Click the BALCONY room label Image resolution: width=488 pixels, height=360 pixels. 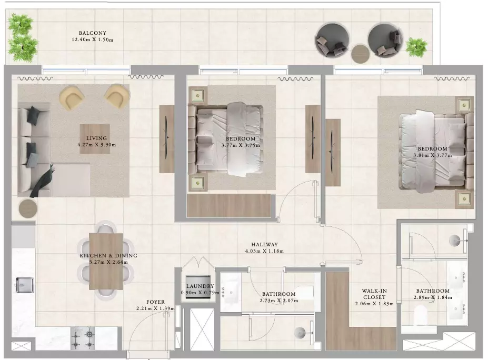coord(93,33)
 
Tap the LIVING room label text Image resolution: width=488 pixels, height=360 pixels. coord(96,138)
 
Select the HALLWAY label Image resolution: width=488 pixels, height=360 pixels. coord(264,245)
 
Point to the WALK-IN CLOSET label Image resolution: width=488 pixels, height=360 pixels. coord(374,294)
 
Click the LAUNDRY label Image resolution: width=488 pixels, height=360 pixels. coord(200,286)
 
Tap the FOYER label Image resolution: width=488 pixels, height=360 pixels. coord(156,302)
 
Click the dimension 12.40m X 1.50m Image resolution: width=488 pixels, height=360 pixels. coord(93,39)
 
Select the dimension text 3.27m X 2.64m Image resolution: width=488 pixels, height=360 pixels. coord(108,262)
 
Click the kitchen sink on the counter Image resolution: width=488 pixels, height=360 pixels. coord(25,285)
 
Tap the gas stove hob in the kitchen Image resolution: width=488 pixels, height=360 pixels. coord(83,338)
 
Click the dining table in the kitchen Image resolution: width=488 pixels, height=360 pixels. coord(106,262)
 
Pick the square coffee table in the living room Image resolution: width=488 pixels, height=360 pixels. coord(95,139)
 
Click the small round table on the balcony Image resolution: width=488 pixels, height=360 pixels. coord(361,54)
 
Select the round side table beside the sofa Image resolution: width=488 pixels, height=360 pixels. coord(28,208)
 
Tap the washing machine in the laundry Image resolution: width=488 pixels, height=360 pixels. coord(198,287)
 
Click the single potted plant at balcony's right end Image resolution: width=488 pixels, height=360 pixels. coord(416,47)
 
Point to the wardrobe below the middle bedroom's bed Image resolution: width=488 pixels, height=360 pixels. coord(229,205)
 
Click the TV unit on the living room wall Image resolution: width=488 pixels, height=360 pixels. coord(166,139)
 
